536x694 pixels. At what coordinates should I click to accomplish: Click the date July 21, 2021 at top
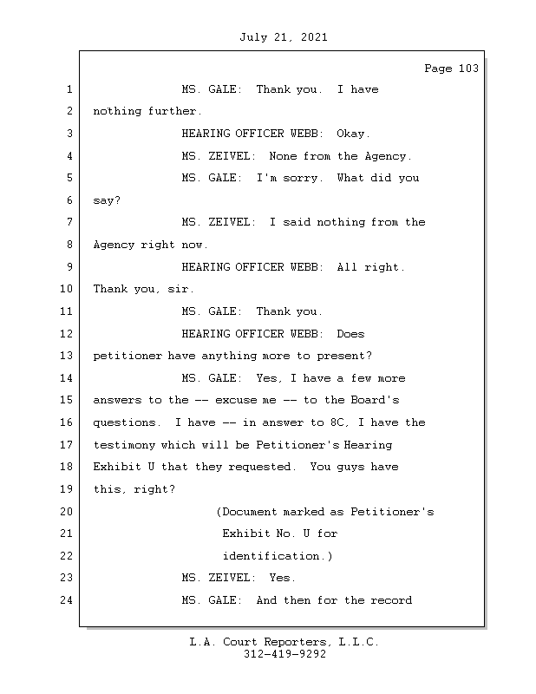(x=284, y=37)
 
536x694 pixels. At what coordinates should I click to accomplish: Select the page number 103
(x=468, y=69)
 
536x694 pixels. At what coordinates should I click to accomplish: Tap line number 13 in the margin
(x=67, y=356)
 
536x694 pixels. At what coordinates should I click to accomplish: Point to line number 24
(x=67, y=600)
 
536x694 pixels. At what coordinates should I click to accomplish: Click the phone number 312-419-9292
(x=284, y=654)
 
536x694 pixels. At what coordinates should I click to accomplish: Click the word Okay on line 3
(x=350, y=134)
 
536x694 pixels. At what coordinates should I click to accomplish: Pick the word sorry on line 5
(x=300, y=178)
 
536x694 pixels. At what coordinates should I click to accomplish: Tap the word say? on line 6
(x=107, y=200)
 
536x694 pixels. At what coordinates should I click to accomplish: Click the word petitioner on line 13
(x=127, y=356)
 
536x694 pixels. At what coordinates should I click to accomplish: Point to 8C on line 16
(x=337, y=422)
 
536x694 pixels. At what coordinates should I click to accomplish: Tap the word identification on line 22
(x=271, y=556)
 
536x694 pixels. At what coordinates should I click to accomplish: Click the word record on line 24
(x=391, y=600)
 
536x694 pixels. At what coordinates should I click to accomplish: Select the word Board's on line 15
(x=375, y=400)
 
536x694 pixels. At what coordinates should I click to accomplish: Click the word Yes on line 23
(x=279, y=578)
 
